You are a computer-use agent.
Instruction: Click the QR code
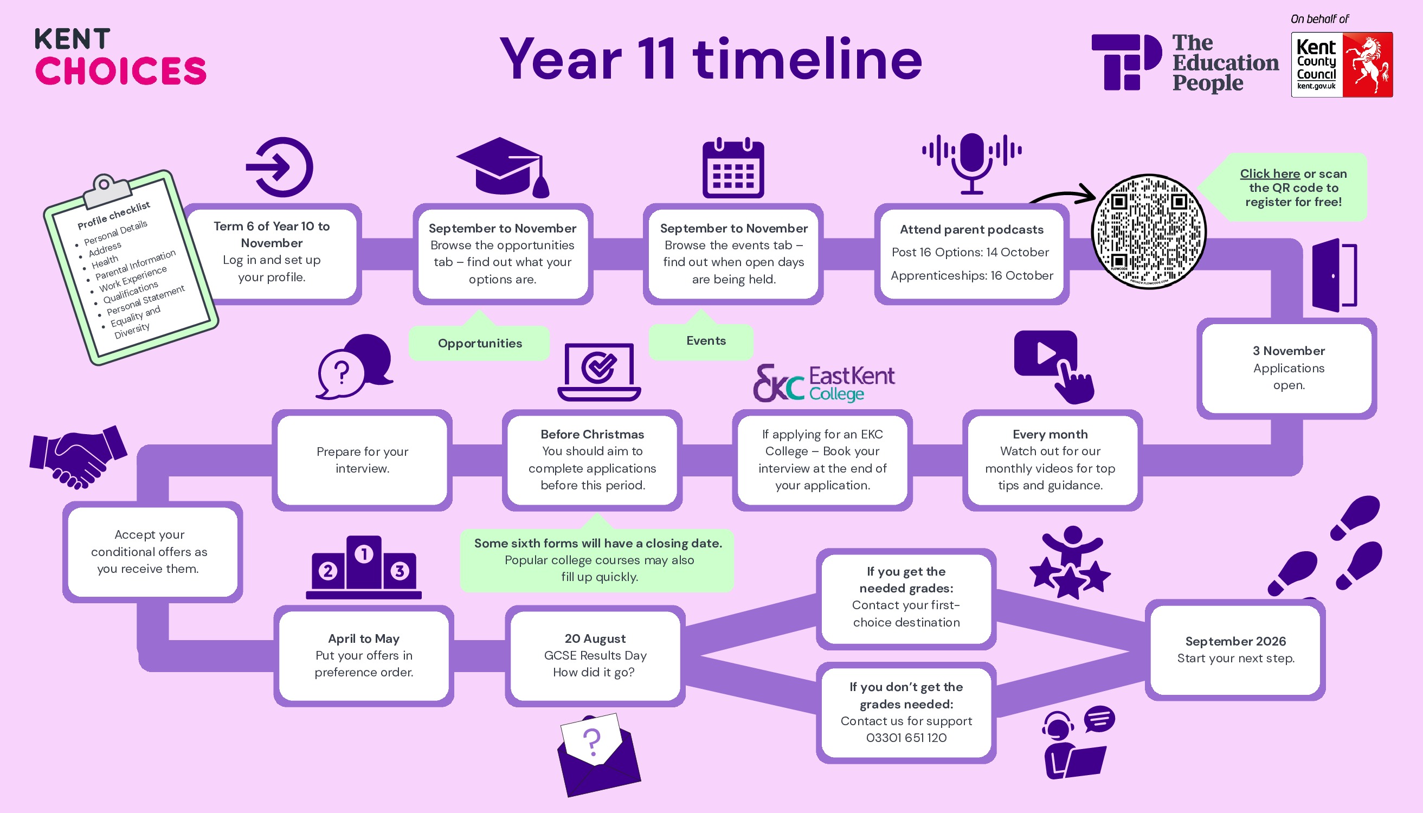(x=1149, y=231)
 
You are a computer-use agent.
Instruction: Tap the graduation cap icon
(x=503, y=167)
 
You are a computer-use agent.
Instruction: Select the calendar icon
(x=733, y=168)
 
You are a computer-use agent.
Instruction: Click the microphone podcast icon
(x=972, y=162)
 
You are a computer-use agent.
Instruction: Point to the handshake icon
(x=78, y=457)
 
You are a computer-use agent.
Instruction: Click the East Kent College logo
(x=824, y=383)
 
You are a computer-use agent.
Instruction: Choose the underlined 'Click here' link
(x=1270, y=173)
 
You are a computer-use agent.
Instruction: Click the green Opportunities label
(x=480, y=344)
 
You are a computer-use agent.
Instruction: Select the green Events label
(x=706, y=340)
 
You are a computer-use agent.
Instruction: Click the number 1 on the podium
(x=364, y=554)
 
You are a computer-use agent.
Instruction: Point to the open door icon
(x=1334, y=275)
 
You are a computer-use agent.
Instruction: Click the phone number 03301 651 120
(x=906, y=738)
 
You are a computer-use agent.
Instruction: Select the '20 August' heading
(x=595, y=638)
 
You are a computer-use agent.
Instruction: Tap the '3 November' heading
(x=1289, y=351)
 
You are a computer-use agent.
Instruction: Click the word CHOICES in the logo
(x=121, y=71)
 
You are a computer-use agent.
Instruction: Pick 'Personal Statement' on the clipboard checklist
(x=145, y=300)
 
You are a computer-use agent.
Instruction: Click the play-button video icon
(x=1045, y=354)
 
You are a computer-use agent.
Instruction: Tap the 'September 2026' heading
(x=1235, y=641)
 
